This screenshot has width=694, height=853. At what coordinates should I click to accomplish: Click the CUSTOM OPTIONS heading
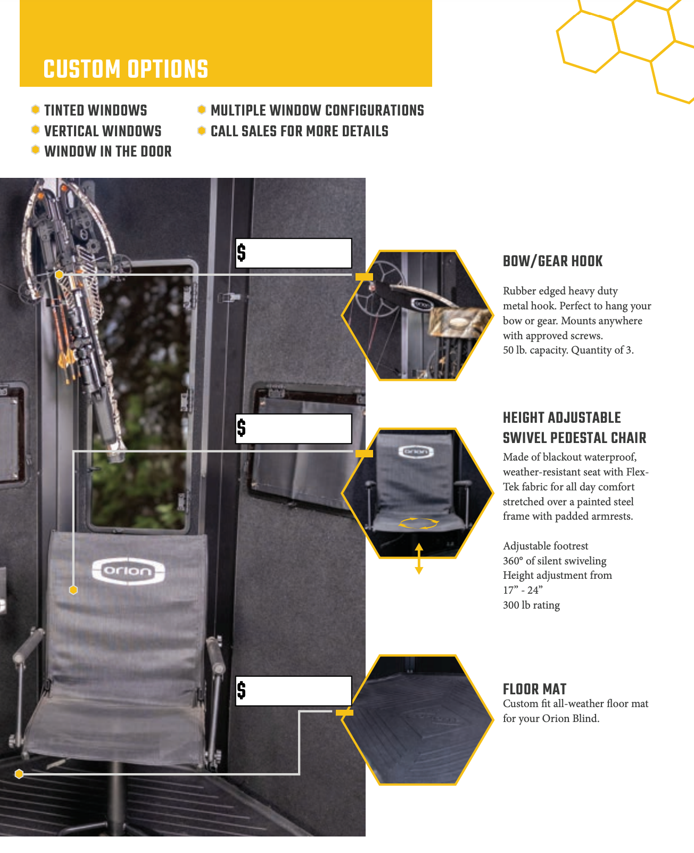pyautogui.click(x=126, y=69)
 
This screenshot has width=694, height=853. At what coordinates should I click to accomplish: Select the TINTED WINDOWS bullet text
pyautogui.click(x=96, y=111)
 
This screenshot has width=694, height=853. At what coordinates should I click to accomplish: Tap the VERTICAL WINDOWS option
pyautogui.click(x=103, y=131)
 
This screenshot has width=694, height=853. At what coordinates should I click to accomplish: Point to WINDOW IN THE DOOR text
pyautogui.click(x=108, y=151)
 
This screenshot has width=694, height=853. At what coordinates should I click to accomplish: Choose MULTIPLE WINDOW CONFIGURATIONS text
pyautogui.click(x=317, y=111)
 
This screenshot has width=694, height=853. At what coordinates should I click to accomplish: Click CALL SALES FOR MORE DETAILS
pyautogui.click(x=300, y=131)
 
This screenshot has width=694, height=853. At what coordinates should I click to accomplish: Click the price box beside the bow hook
pyautogui.click(x=294, y=253)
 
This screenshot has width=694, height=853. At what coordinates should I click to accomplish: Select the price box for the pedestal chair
pyautogui.click(x=294, y=429)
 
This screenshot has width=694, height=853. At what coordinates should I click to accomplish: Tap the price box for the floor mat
pyautogui.click(x=294, y=691)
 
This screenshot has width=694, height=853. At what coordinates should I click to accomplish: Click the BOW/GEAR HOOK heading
pyautogui.click(x=553, y=261)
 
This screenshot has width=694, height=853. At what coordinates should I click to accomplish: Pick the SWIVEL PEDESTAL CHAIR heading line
pyautogui.click(x=575, y=438)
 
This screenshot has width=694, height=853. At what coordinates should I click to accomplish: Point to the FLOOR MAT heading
pyautogui.click(x=535, y=689)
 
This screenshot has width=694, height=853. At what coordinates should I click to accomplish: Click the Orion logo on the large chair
pyautogui.click(x=128, y=571)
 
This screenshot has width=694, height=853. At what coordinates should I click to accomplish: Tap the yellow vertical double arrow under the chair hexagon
pyautogui.click(x=419, y=559)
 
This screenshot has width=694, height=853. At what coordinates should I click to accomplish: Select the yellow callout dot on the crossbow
pyautogui.click(x=59, y=274)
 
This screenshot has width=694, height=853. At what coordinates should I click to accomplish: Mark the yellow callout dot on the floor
pyautogui.click(x=19, y=774)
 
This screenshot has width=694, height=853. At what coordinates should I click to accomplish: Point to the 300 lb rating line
pyautogui.click(x=532, y=605)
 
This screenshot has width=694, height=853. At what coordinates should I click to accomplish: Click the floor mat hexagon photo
pyautogui.click(x=417, y=720)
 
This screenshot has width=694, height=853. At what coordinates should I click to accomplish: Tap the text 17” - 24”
pyautogui.click(x=523, y=590)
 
